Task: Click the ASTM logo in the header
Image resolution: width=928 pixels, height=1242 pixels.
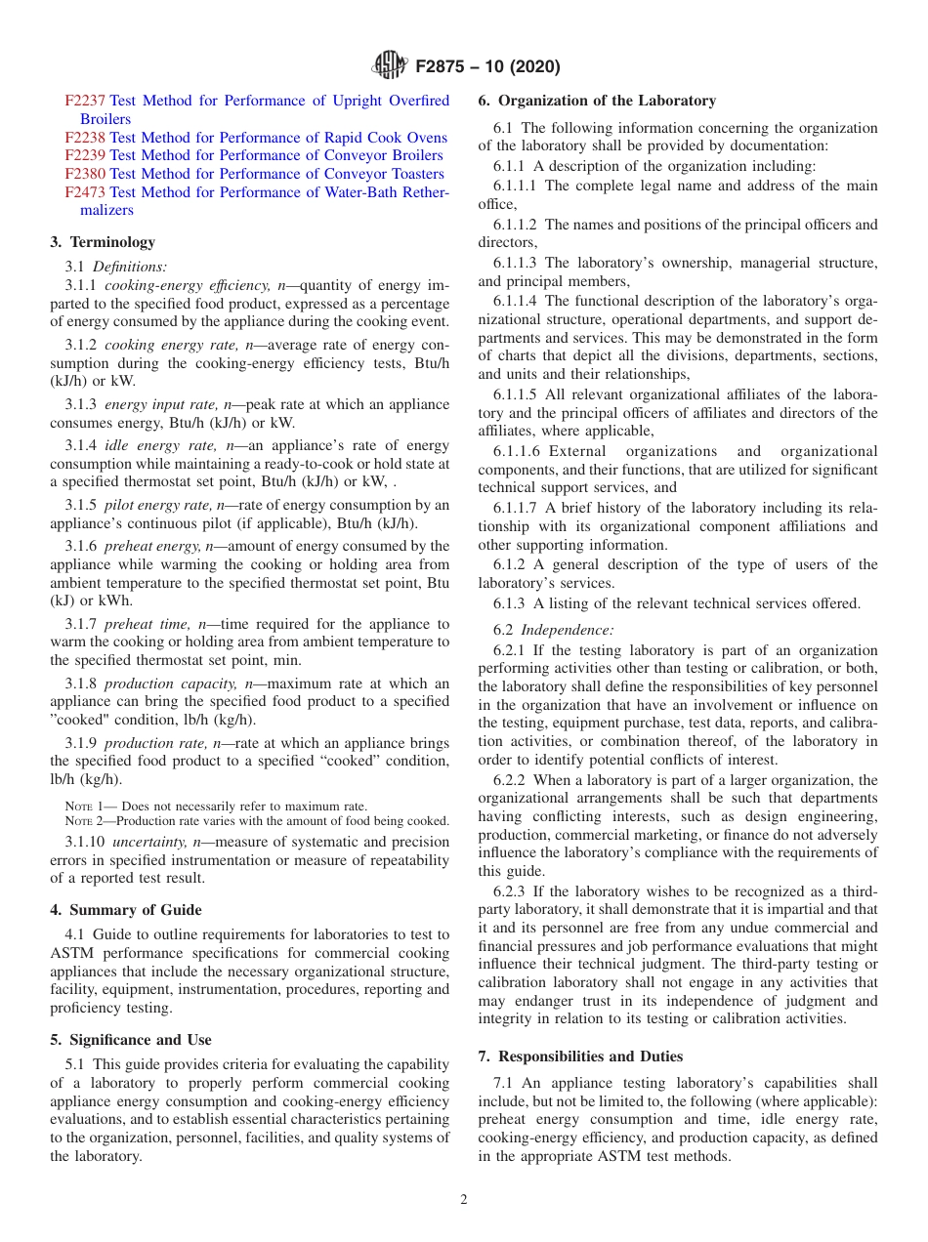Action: tap(390, 66)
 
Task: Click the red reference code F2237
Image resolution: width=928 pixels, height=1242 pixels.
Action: tap(85, 101)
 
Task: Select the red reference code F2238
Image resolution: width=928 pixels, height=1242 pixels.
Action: tap(85, 138)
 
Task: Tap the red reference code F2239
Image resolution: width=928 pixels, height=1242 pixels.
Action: tap(85, 155)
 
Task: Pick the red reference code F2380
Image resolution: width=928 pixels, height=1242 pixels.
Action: tap(85, 174)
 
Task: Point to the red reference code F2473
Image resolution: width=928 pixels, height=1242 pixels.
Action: tap(85, 192)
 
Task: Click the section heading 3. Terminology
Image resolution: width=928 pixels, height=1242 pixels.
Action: tap(103, 242)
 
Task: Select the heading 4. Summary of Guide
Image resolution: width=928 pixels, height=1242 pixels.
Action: tap(126, 910)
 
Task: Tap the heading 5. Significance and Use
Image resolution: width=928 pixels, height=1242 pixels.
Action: tap(131, 1040)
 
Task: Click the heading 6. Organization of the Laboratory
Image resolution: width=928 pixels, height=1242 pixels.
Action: tap(597, 101)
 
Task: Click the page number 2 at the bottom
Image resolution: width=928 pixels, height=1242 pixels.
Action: tap(464, 1200)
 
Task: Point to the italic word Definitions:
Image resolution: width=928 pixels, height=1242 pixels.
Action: tap(130, 266)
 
